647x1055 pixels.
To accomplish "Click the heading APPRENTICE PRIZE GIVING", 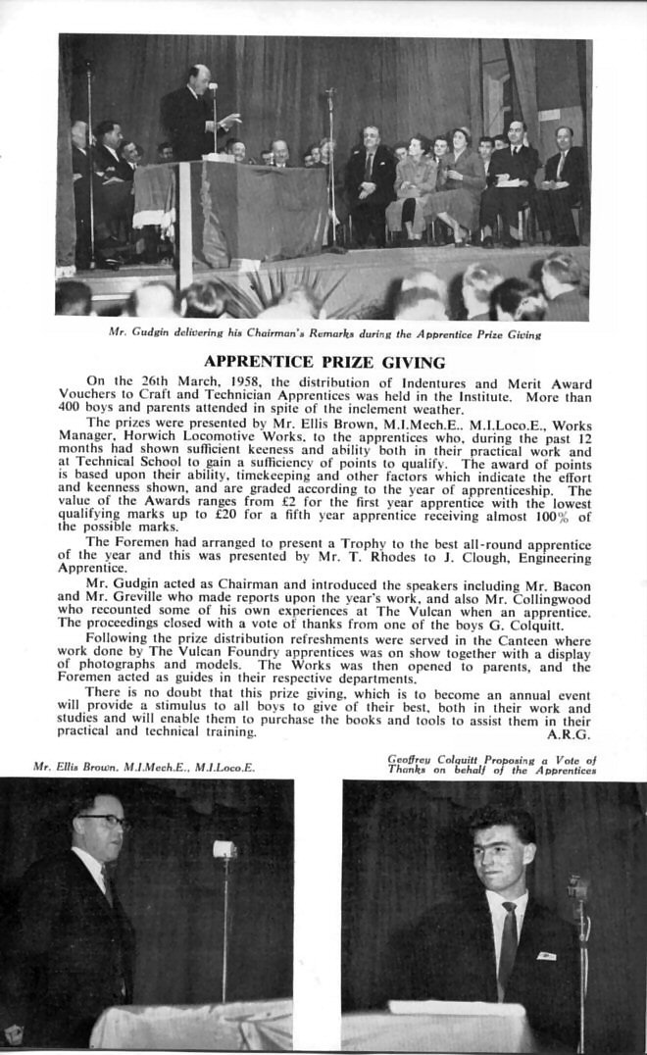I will (324, 362).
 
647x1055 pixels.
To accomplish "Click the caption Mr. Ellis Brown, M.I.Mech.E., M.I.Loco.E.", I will (144, 767).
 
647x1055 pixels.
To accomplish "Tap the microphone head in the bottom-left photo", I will (224, 849).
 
